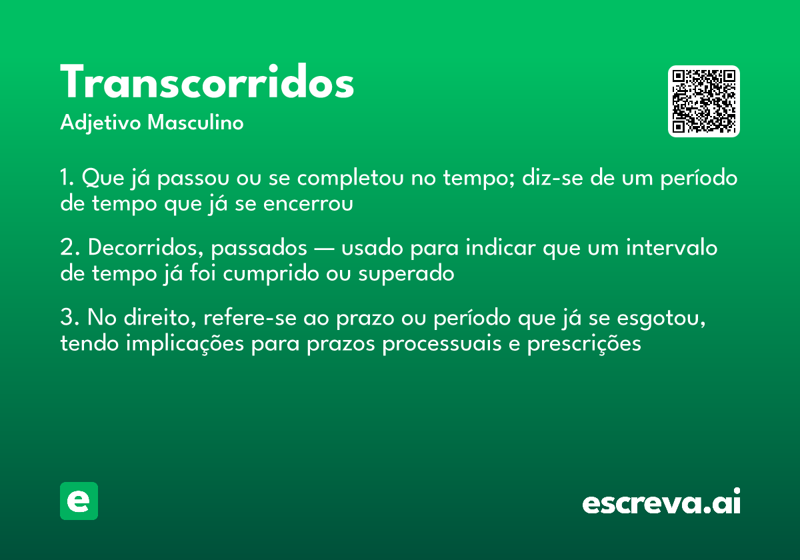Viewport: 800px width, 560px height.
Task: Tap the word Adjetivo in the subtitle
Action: tap(101, 123)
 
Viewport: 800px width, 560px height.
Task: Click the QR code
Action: tap(703, 101)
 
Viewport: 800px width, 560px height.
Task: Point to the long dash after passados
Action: tap(324, 249)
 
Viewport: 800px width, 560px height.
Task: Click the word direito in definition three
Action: tap(159, 318)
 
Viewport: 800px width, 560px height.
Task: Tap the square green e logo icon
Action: tap(79, 501)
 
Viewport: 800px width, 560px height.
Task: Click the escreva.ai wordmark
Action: tap(661, 502)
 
